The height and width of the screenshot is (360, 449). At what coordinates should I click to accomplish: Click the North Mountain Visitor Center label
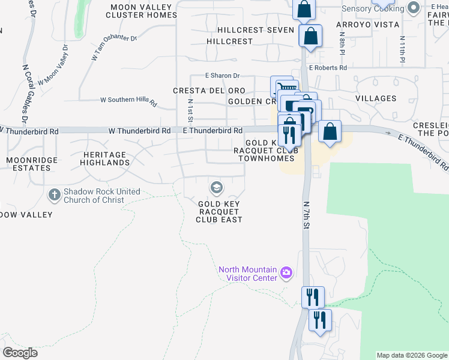(248, 274)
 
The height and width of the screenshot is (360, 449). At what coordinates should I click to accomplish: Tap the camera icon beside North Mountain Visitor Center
(286, 273)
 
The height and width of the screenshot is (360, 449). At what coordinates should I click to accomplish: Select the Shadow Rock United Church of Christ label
(103, 196)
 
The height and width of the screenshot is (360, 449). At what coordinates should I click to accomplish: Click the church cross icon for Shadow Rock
(55, 195)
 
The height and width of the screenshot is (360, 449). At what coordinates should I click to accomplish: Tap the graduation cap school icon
(216, 188)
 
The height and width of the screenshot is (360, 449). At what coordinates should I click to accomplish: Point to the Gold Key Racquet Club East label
(219, 212)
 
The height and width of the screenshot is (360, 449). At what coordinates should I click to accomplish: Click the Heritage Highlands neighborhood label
(104, 158)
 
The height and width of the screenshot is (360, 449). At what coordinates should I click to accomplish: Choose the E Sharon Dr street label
(222, 76)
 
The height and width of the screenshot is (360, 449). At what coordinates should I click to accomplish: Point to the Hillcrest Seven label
(256, 30)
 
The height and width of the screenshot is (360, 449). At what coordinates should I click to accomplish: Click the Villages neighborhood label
(376, 98)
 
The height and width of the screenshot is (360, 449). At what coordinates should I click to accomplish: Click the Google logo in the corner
(20, 353)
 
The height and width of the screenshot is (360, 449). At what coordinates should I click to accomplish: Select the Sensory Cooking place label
(372, 8)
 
